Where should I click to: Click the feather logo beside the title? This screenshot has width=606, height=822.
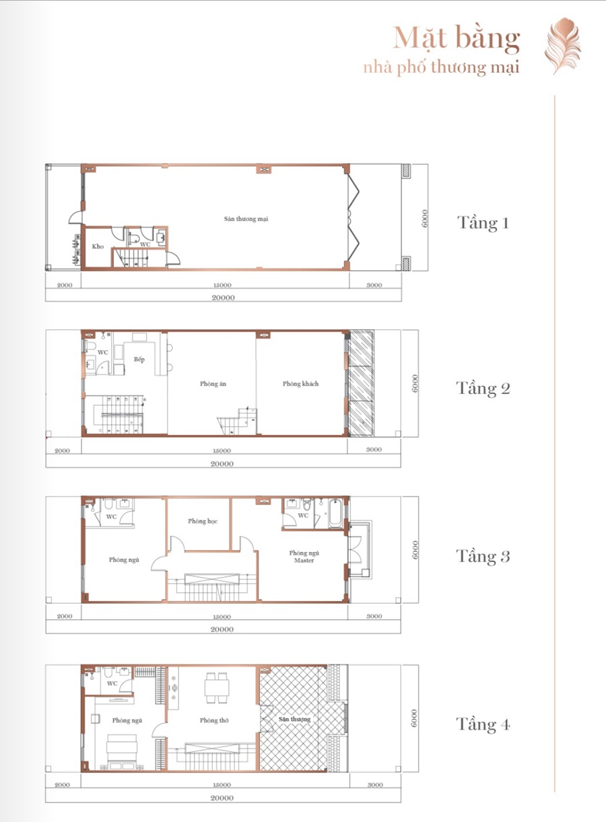point(562,46)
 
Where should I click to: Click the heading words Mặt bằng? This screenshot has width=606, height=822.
point(457,39)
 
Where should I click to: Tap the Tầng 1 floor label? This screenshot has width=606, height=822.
point(483,223)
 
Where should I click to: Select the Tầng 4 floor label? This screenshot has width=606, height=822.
point(483,724)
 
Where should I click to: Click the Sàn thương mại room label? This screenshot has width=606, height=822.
point(246,219)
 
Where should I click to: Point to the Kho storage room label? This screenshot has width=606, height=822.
point(98,246)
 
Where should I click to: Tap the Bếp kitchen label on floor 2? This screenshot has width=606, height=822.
point(139,359)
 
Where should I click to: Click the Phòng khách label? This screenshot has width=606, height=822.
point(300,384)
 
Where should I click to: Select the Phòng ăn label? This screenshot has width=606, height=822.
point(213,384)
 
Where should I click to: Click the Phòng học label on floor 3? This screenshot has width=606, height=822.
point(203,521)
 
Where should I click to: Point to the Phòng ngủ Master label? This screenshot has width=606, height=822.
point(304,557)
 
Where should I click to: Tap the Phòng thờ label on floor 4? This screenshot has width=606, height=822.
point(214,720)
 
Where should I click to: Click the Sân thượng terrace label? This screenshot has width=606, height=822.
point(294,719)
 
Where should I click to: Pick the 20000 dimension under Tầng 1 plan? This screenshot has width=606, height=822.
point(223,298)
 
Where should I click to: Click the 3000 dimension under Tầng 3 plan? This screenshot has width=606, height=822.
point(374,616)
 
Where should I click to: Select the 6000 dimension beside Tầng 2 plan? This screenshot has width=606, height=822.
point(415,384)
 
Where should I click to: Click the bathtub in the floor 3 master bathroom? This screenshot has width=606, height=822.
point(336,513)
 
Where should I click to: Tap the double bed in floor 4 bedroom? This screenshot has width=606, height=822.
point(123,751)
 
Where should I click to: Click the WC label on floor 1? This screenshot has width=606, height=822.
point(145,244)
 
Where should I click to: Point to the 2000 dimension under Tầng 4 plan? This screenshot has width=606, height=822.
point(62,782)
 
